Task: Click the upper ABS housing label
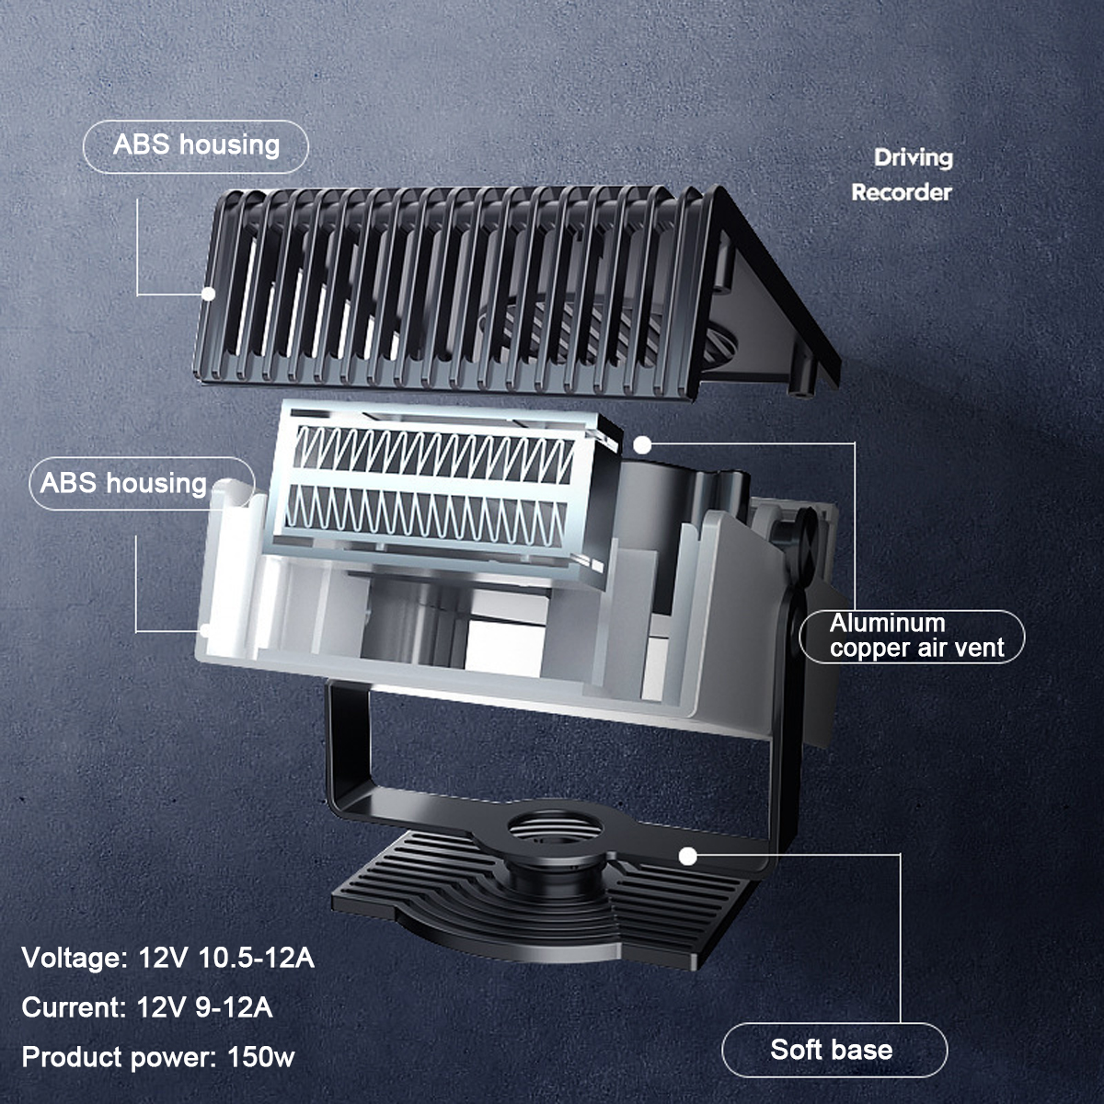[196, 146]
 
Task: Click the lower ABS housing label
[142, 484]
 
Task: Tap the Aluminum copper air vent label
[912, 636]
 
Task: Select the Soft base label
[834, 1050]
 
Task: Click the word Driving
[914, 158]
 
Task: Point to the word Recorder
[902, 192]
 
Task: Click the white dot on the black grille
[209, 293]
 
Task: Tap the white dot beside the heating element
[643, 444]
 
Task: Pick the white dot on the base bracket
[688, 857]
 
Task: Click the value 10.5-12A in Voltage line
[256, 958]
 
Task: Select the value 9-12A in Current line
[234, 1007]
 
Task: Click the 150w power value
[260, 1056]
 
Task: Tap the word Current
[74, 1007]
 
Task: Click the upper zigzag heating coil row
[434, 454]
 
